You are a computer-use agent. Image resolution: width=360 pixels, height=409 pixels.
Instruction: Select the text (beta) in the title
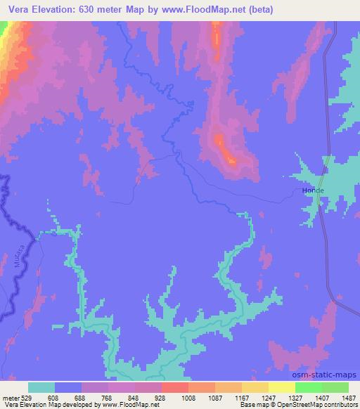258,10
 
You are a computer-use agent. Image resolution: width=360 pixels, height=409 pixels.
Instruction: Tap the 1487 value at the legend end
347,396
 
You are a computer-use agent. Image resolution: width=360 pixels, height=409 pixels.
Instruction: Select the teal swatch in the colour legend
41,387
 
